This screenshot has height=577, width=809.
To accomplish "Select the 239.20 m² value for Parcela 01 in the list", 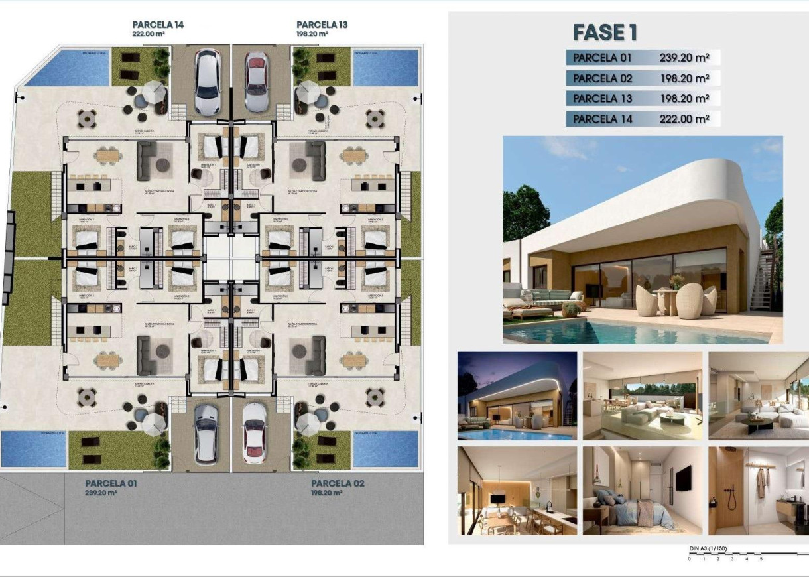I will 684,58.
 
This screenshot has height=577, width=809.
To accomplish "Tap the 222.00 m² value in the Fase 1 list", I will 684,119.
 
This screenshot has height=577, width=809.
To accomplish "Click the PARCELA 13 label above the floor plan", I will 322,25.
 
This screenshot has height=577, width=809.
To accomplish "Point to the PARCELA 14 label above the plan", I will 158,25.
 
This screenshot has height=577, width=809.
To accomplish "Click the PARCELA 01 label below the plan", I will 111,483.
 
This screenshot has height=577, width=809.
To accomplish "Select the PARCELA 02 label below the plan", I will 338,483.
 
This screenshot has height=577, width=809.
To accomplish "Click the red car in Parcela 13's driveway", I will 256,82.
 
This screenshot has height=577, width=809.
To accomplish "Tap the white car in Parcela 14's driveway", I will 208,81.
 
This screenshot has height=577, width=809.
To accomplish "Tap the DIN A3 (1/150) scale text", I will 708,549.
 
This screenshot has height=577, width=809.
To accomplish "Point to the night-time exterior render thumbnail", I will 517,395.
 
